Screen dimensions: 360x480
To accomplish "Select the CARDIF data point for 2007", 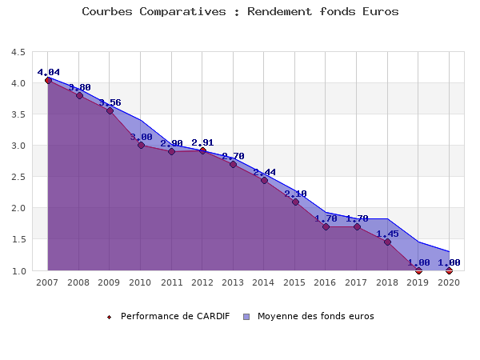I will click(48, 80).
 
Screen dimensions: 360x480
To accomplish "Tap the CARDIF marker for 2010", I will click(141, 145).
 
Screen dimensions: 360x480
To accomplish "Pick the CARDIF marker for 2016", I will click(326, 226).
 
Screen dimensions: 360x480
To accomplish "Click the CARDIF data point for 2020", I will click(449, 270).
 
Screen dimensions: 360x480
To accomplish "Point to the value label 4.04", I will click(48, 72).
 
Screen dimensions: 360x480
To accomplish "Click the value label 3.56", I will click(110, 102).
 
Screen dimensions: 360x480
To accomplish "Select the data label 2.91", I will click(202, 142).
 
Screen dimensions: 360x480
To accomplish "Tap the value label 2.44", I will click(264, 172).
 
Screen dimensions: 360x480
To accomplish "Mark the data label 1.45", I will click(387, 234).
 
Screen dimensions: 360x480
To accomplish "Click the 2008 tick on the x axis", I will click(78, 282).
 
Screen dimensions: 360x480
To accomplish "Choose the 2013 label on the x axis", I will click(233, 282).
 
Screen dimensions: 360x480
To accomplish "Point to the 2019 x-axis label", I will click(418, 282).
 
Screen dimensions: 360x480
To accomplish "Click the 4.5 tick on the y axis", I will click(18, 52).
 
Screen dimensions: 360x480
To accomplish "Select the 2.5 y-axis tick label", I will click(18, 177).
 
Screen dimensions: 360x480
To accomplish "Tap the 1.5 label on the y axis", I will click(18, 239).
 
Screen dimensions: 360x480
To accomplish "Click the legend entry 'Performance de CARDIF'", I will click(175, 316).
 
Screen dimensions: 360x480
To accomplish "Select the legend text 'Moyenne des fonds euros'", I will click(315, 316).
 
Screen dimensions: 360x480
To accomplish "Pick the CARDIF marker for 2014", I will click(264, 180).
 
